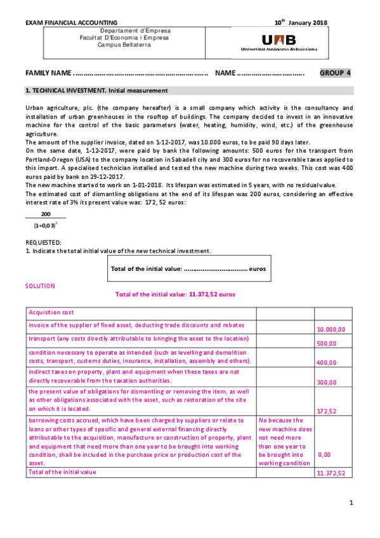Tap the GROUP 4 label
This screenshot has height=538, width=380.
pos(335,73)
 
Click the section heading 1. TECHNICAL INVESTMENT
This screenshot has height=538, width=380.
pos(96,91)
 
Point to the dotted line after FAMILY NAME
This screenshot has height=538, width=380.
pos(141,74)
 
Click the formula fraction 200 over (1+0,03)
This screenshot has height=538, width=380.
pos(46,220)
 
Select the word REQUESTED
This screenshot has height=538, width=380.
pos(43,243)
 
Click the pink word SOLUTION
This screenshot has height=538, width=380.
pos(40,286)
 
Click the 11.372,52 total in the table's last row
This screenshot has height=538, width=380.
pos(331,473)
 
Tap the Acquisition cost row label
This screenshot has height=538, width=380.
pos(51,312)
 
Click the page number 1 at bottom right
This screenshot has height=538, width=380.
pos(351,503)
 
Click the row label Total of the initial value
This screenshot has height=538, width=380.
pos(62,472)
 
